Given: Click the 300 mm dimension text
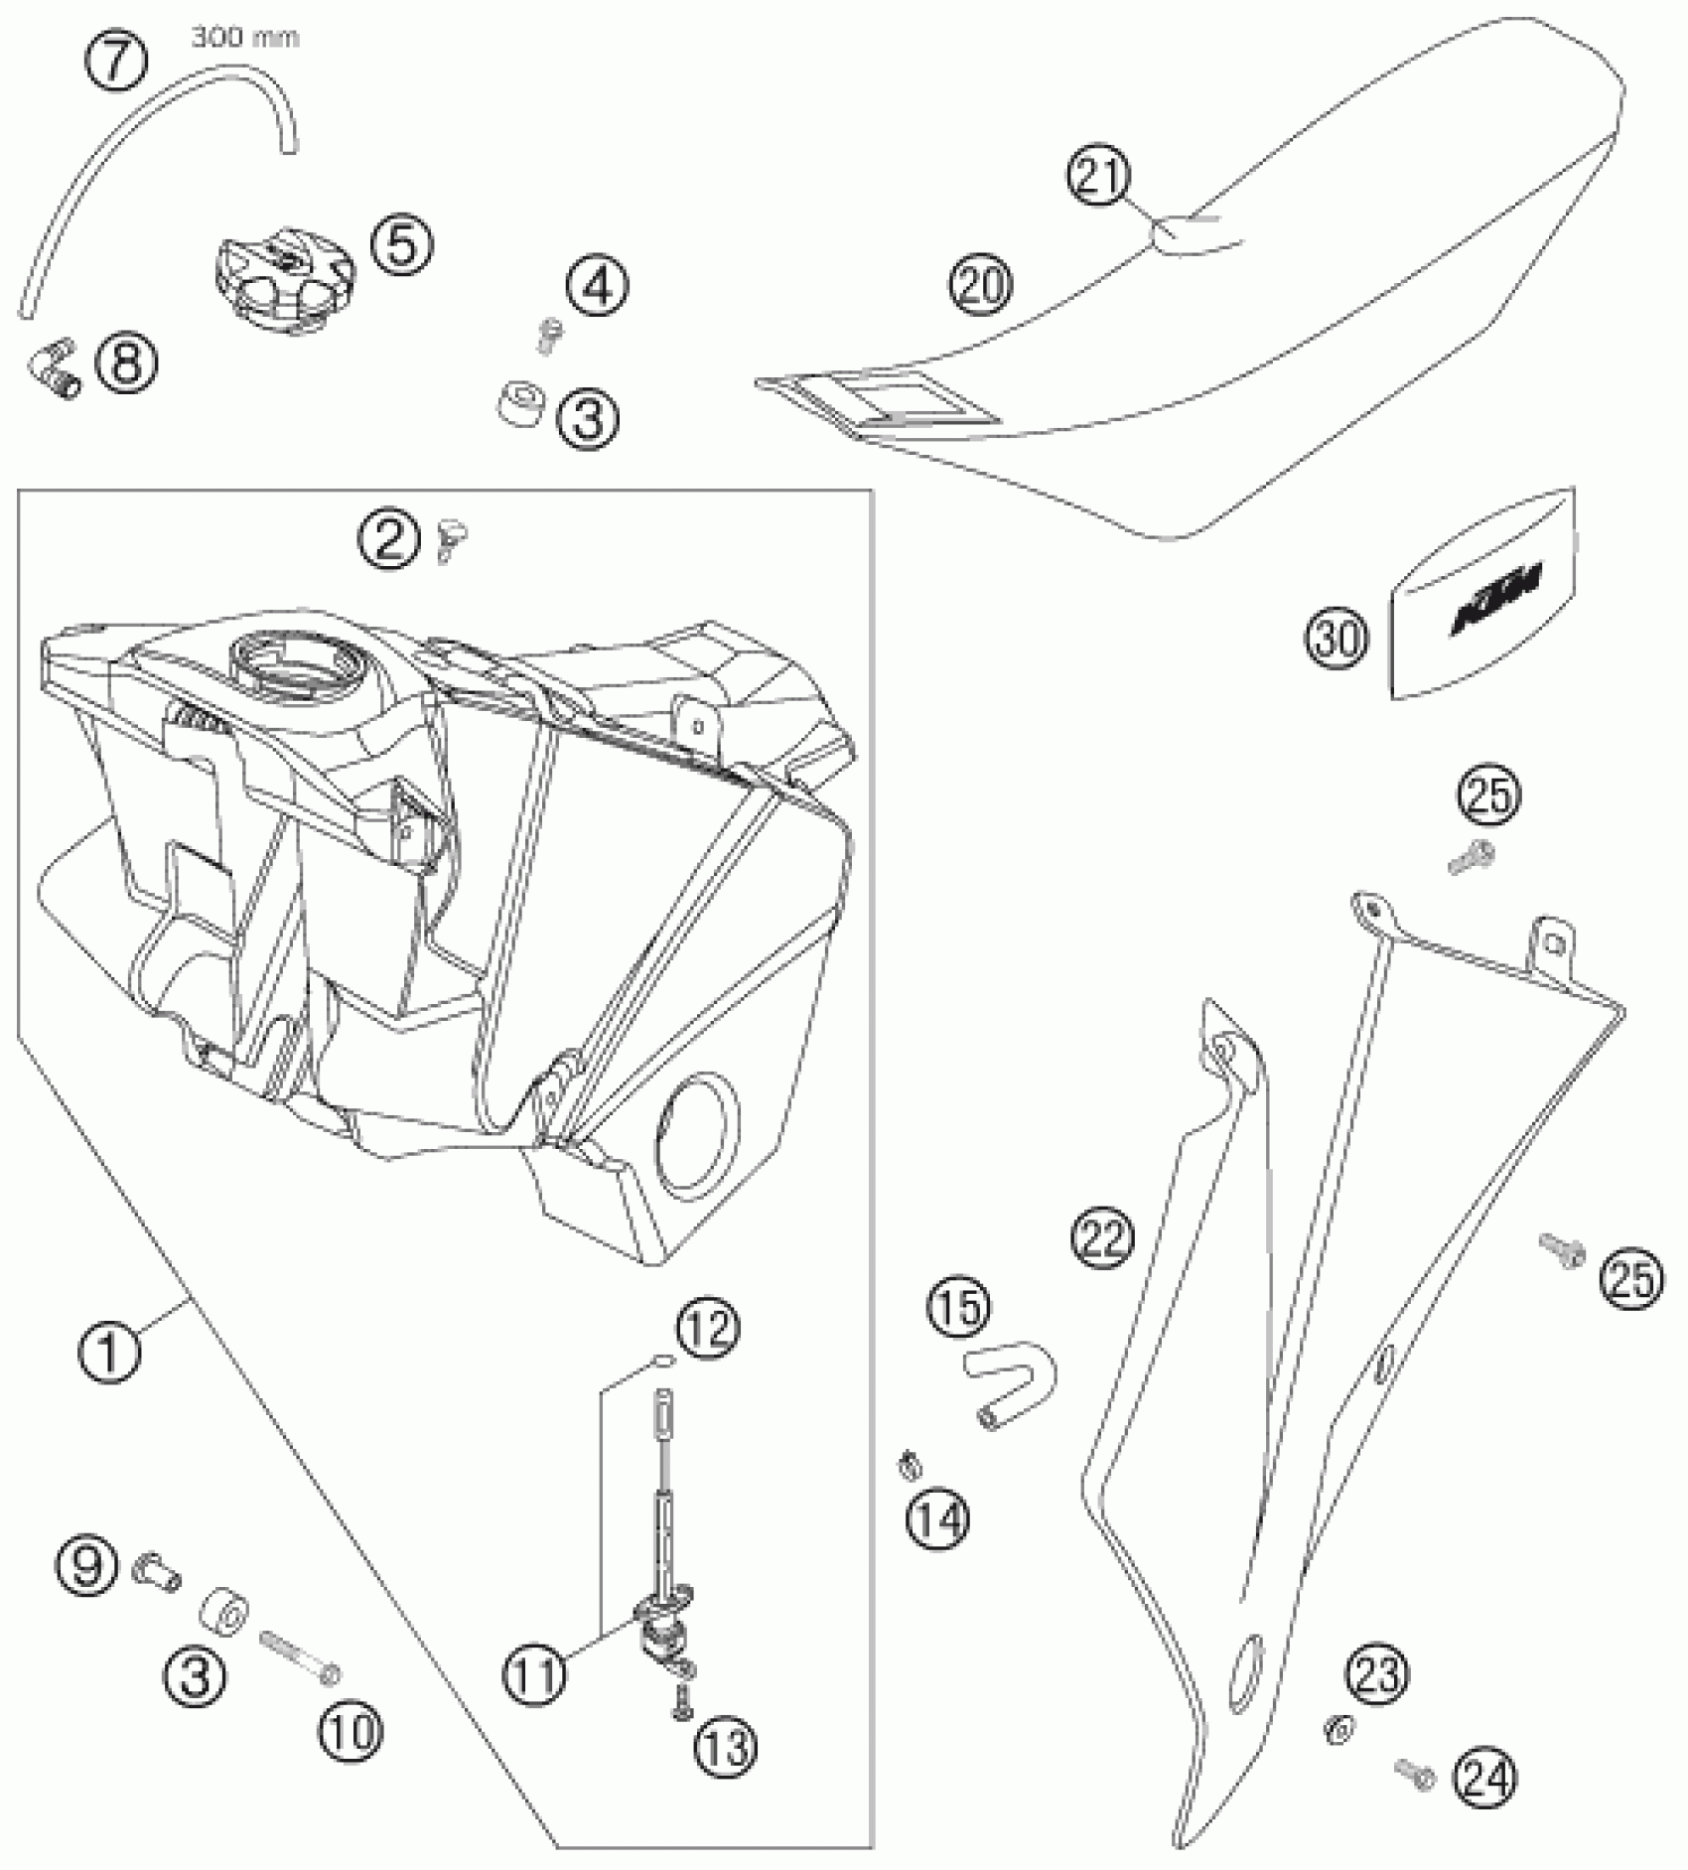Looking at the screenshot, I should point(244,39).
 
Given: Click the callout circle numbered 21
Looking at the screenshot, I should point(1099,177).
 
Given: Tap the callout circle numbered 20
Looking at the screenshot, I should point(981,284).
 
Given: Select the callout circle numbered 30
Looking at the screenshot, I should point(1336,639).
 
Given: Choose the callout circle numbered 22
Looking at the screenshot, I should point(1102,1237).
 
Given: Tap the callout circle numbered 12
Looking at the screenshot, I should point(707,1327).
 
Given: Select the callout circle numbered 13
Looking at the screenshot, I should point(727,1747).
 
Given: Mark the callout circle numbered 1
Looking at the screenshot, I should point(109,1351).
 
